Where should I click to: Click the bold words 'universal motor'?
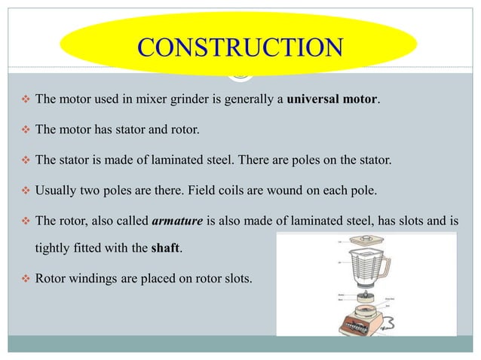tap(334, 99)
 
